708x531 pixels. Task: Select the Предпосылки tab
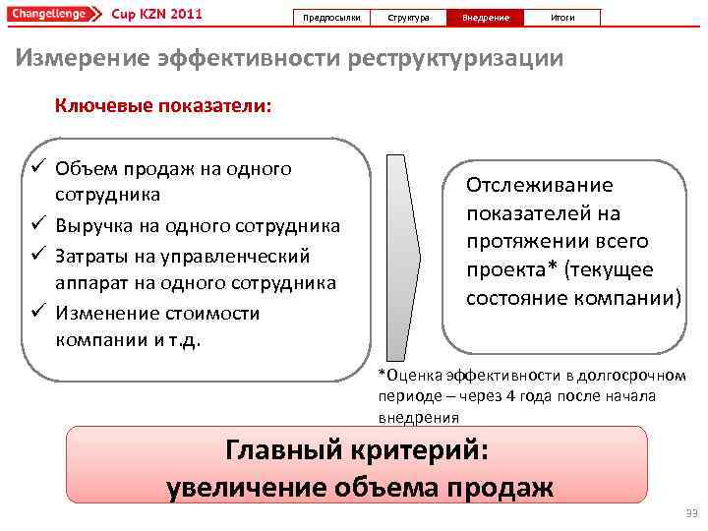pyautogui.click(x=332, y=18)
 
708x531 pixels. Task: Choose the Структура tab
pyautogui.click(x=408, y=18)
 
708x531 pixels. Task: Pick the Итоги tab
pyautogui.click(x=561, y=18)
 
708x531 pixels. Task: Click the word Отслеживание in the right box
pyautogui.click(x=539, y=185)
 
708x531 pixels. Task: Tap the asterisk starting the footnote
pyautogui.click(x=383, y=375)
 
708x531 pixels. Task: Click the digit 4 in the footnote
pyautogui.click(x=509, y=396)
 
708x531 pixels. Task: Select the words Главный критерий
pyautogui.click(x=356, y=450)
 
